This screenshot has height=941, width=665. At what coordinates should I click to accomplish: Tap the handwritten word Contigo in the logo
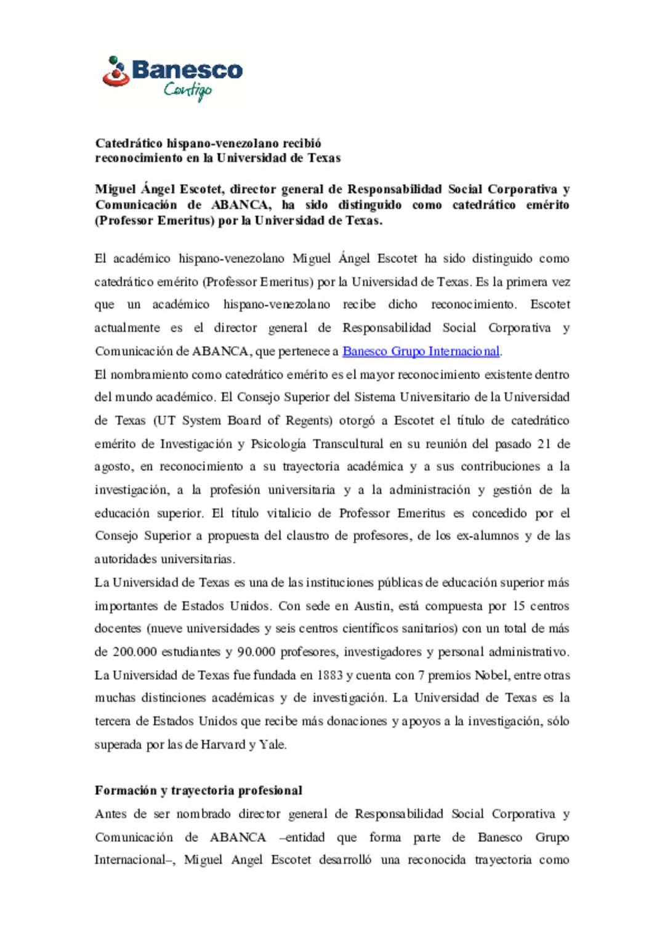pos(187,91)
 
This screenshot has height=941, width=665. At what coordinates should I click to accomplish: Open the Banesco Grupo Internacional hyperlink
pos(421,351)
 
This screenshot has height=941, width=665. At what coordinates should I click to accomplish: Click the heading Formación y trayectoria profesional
pos(198,790)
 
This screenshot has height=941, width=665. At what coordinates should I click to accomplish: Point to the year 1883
pos(329,675)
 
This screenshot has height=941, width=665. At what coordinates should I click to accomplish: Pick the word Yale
pos(272,745)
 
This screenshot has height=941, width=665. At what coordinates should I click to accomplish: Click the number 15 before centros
pos(518,606)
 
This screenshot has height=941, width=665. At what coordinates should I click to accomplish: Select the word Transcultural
pos(348,444)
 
